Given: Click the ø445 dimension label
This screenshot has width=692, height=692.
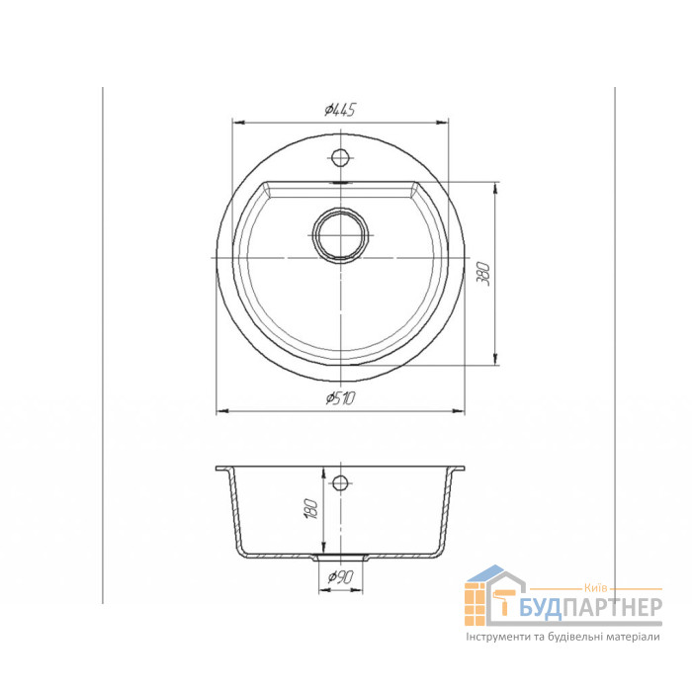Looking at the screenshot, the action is (x=340, y=110).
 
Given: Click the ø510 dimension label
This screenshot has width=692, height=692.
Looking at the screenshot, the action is (x=340, y=398).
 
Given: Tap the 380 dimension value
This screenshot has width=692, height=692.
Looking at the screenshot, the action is (x=484, y=274).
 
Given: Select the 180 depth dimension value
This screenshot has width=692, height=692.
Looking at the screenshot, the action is (x=311, y=509).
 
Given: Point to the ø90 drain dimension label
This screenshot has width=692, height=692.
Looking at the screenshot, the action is (x=340, y=576).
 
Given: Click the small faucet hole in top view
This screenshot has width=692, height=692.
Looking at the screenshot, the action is (x=340, y=156).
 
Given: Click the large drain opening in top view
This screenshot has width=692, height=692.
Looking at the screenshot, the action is (x=340, y=235).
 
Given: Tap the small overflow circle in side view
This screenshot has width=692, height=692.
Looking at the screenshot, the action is (x=340, y=482).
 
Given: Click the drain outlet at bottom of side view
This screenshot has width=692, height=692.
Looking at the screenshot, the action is (x=340, y=558).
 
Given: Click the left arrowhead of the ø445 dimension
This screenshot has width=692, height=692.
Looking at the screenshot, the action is (x=238, y=123).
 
